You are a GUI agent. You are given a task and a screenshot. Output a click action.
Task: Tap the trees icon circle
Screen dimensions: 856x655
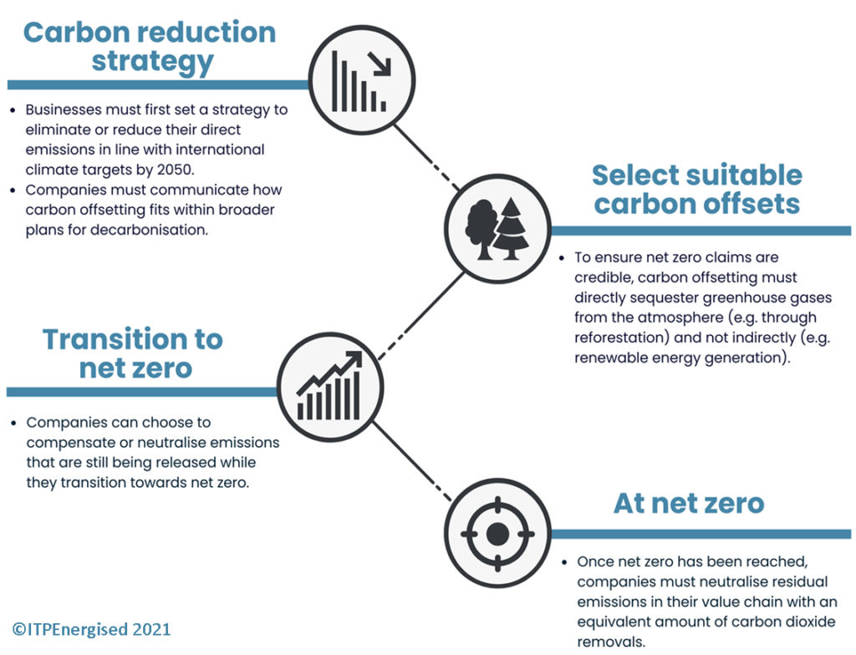(x=497, y=229)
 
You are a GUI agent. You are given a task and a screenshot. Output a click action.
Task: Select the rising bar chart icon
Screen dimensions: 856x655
(x=329, y=387)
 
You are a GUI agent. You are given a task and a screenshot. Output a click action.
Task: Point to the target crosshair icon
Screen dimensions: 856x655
(x=497, y=533)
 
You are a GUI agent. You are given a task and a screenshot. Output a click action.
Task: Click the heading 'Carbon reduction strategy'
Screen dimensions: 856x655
(x=150, y=47)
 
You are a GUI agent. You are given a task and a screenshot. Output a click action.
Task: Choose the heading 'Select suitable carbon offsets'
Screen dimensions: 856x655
(x=697, y=190)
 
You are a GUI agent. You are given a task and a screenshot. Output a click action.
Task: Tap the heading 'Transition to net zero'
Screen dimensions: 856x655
(x=134, y=353)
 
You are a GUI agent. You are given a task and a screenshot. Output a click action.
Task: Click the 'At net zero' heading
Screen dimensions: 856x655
(x=689, y=503)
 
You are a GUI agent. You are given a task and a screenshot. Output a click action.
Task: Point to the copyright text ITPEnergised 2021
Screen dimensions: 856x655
(x=91, y=629)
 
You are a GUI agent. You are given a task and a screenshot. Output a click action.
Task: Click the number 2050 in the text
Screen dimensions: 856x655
(x=175, y=170)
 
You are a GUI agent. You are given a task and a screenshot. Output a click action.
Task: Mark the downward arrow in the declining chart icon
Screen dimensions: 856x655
(x=380, y=63)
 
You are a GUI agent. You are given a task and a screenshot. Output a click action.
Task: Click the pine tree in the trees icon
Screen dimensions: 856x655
(x=511, y=229)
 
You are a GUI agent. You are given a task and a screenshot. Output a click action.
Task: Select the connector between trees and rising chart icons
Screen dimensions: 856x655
(x=421, y=317)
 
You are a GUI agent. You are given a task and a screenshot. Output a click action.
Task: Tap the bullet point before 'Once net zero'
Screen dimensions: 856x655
(x=564, y=562)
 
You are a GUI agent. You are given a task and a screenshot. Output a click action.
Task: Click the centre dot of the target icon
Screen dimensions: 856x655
(x=497, y=534)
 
